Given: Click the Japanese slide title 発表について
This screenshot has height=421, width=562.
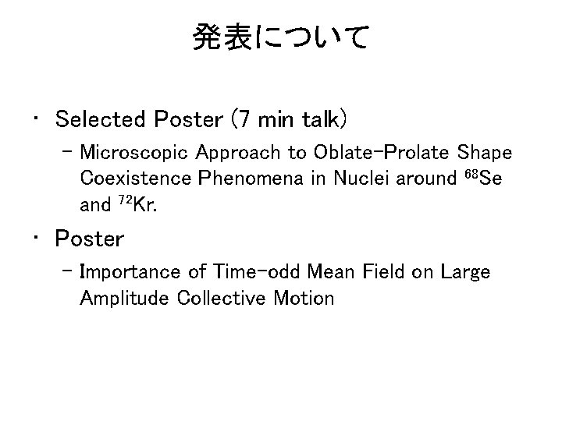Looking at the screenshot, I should (x=280, y=37).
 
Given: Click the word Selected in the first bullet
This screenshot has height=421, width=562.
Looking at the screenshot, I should (x=101, y=120).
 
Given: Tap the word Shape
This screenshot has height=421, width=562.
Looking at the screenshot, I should (x=485, y=151).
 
